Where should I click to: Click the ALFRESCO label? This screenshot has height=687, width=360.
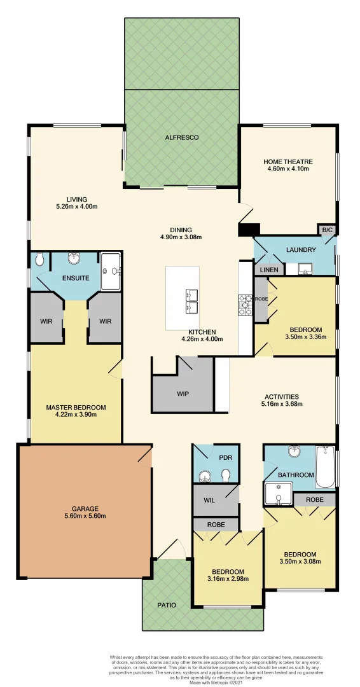point(182,137)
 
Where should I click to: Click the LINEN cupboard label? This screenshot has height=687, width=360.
point(268,270)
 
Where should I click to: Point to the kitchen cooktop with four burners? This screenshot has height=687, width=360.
point(246,306)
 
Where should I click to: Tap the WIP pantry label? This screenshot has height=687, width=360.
point(183,393)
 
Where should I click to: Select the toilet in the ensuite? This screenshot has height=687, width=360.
point(40,259)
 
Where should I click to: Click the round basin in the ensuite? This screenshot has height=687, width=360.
point(74,258)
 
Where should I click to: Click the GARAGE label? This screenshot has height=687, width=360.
point(85,508)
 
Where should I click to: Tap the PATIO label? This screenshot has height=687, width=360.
point(167,604)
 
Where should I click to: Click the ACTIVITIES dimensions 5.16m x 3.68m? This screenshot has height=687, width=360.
point(281,405)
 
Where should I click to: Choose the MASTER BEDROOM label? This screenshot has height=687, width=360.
point(76,407)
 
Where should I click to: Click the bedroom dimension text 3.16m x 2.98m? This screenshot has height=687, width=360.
point(228,579)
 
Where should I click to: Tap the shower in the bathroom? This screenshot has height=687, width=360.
point(278,494)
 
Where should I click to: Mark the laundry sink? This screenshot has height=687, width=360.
point(304,269)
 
